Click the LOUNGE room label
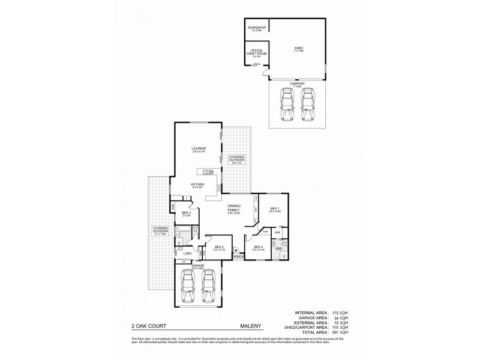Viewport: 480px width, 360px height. coord(199,148)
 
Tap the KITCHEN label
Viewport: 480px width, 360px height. coord(198,184)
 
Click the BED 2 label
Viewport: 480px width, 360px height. coord(186,212)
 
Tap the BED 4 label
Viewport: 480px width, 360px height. coord(258,247)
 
